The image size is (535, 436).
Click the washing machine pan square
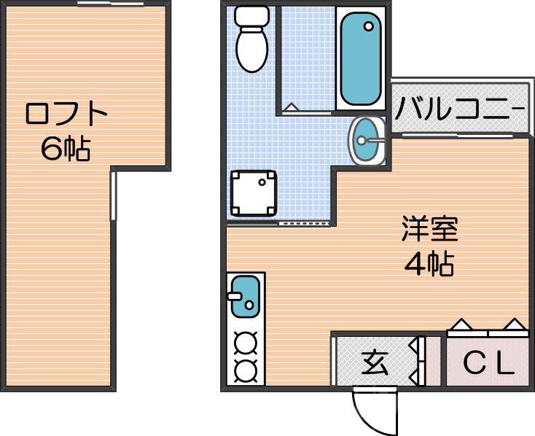coord(253,193)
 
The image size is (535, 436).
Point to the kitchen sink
coord(245,297)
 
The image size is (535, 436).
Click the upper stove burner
coord(246,342)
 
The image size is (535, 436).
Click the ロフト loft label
coord(66,114)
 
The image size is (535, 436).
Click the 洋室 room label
coord(429,230)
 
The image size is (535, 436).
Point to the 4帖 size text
coord(429,264)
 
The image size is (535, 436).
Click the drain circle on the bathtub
coord(369,27)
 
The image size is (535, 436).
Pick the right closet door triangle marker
coord(514,324)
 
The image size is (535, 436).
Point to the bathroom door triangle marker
coord(290,108)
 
